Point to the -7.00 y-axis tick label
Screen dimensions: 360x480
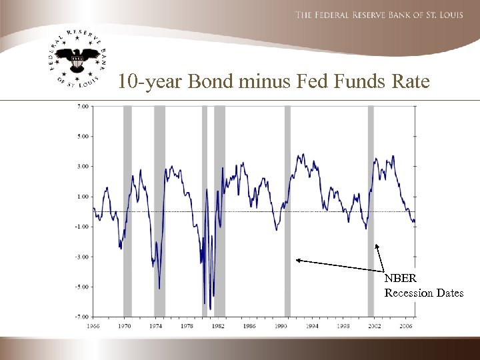[x=82, y=317]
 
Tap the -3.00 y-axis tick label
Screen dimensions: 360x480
[x=82, y=257]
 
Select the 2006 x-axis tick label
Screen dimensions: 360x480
[x=405, y=327]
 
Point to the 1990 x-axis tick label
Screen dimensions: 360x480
[x=280, y=327]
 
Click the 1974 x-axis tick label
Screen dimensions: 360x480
[x=155, y=327]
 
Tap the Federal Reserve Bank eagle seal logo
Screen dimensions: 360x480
[x=77, y=60]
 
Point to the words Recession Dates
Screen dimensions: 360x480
[x=423, y=293]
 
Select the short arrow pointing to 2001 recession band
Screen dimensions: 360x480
[x=381, y=257]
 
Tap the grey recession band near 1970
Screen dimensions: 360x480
[x=127, y=210]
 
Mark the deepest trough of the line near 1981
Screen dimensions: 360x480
[x=210, y=309]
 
